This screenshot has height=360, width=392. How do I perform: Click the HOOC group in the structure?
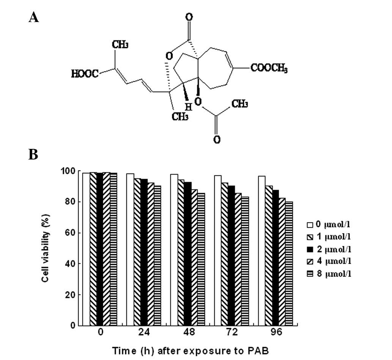(85, 74)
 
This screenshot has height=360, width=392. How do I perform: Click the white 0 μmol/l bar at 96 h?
(262, 251)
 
